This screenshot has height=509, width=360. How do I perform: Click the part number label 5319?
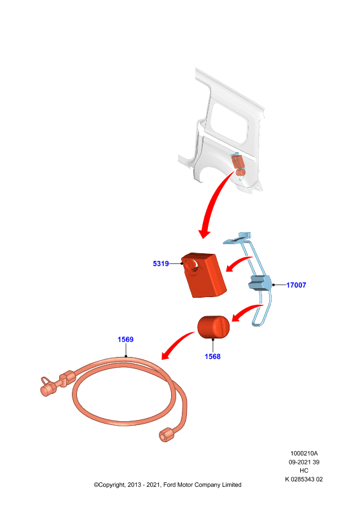[x=161, y=263]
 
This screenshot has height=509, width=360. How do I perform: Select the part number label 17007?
[x=296, y=285]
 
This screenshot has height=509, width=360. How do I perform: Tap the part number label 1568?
[x=212, y=356]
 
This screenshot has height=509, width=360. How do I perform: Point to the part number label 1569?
[x=125, y=339]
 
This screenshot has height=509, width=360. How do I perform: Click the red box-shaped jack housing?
[x=204, y=275]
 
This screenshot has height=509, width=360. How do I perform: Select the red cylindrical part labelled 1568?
[x=214, y=327]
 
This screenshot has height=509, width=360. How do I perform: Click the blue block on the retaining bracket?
[x=260, y=282]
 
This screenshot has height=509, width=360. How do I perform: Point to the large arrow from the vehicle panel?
[x=212, y=201]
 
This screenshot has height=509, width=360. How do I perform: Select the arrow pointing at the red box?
[x=238, y=262]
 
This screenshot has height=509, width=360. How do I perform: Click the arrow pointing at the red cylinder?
[x=246, y=312]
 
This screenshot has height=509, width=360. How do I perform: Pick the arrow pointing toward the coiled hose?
[x=176, y=345]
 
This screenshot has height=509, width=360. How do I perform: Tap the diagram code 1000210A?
[x=304, y=453]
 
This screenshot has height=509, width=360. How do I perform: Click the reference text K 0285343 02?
[x=304, y=479]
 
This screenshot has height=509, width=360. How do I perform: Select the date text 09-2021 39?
[x=304, y=462]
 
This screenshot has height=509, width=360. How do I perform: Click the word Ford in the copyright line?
[x=169, y=485]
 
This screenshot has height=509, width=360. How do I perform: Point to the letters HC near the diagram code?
[x=304, y=470]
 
